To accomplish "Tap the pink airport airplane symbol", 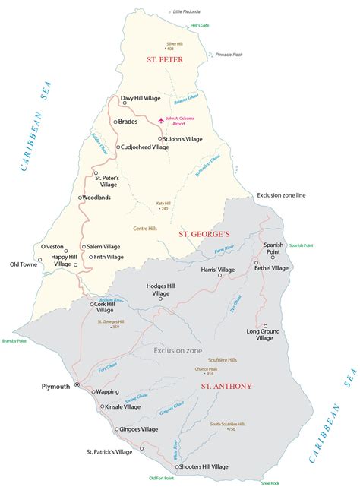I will click(x=159, y=121).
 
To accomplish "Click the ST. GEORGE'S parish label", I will click(x=204, y=235).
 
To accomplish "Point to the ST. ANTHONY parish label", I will click(x=226, y=386).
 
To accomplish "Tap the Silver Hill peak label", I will click(x=175, y=45).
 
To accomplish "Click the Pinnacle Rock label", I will click(x=229, y=55).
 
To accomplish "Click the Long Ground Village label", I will click(x=264, y=335).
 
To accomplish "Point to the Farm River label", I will click(x=225, y=248).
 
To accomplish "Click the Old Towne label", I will click(x=24, y=264).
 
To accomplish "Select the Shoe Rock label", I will click(x=270, y=482).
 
